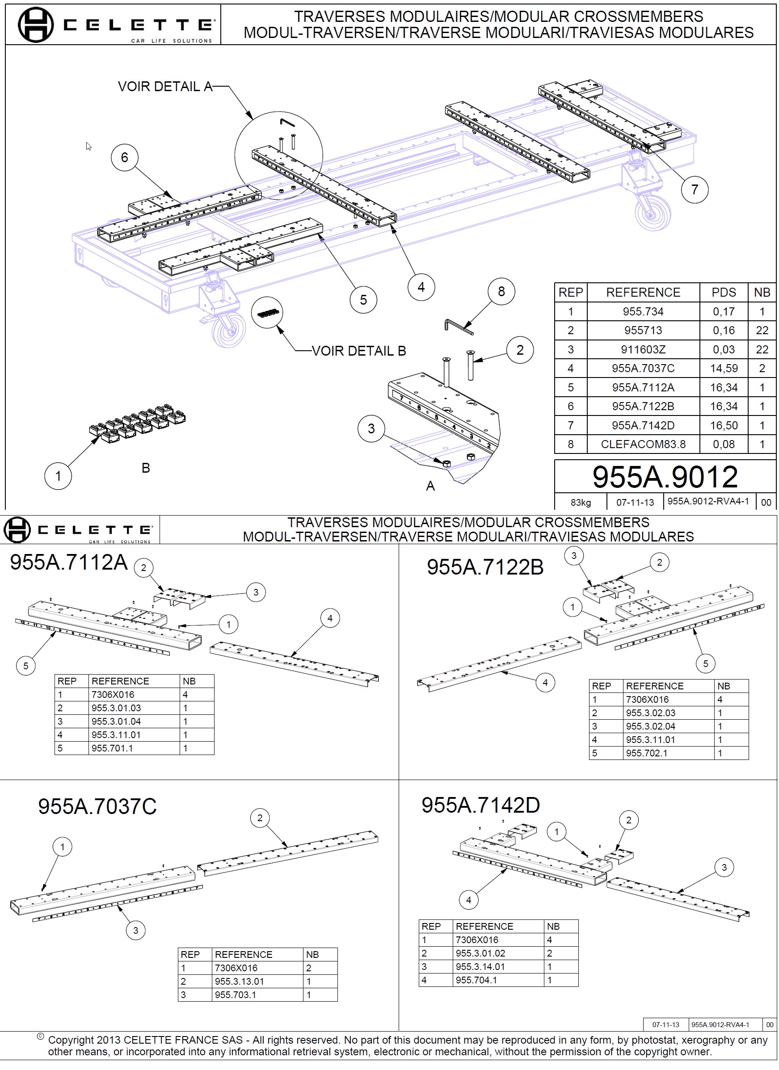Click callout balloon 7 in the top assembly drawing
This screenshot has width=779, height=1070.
[694, 190]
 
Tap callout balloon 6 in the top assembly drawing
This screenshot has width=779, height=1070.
[125, 158]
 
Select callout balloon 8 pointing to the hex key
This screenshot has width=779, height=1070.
[501, 292]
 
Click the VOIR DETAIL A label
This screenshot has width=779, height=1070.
[164, 87]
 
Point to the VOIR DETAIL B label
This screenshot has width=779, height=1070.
[358, 351]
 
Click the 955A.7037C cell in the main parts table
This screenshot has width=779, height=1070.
[643, 369]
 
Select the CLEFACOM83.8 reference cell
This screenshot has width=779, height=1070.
[643, 445]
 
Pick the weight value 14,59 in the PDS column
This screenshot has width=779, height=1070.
[723, 369]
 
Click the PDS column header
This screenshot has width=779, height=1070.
[723, 293]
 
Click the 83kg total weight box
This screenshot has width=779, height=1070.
[581, 503]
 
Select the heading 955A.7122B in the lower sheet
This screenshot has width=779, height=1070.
[485, 567]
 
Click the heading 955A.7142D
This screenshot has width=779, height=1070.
[480, 806]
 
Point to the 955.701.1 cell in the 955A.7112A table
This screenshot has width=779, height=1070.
[112, 748]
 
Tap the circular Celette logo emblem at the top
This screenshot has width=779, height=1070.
[35, 25]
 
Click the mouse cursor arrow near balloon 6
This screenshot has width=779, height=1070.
[88, 146]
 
